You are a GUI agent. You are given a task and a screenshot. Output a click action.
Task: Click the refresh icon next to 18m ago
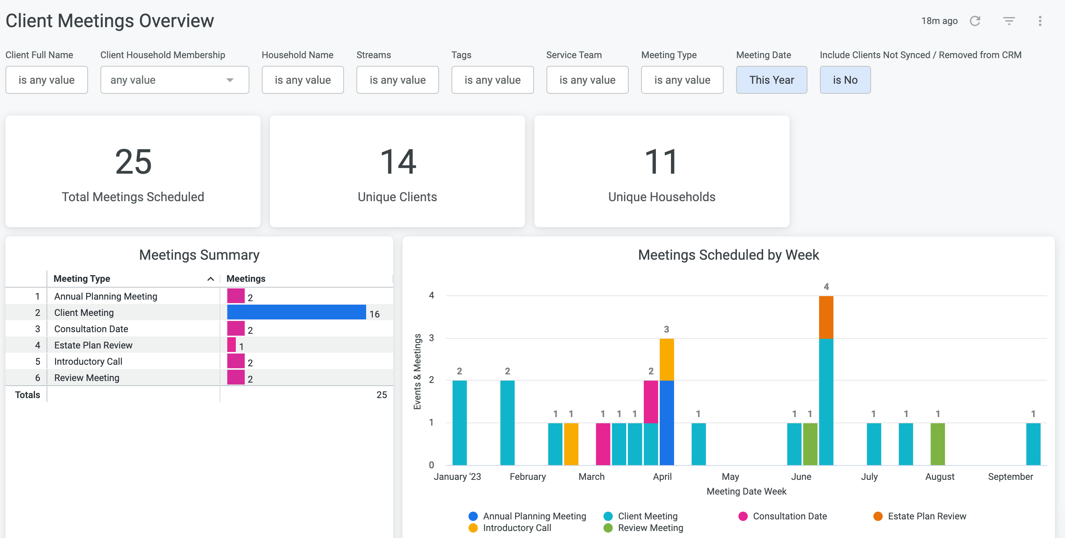click(x=975, y=21)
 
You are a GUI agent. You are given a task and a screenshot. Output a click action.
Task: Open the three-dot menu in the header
click(x=1040, y=21)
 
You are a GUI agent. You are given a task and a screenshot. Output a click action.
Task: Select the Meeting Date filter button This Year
click(x=771, y=80)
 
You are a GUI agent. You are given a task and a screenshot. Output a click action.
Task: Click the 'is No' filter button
click(x=845, y=80)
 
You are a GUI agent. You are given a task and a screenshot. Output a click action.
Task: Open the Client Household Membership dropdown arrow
click(x=230, y=80)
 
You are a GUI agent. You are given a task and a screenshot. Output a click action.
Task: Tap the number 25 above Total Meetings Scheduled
click(x=133, y=162)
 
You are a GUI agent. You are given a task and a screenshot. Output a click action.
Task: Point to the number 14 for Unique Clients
click(x=397, y=162)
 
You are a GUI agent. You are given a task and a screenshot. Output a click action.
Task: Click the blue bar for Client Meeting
click(x=296, y=312)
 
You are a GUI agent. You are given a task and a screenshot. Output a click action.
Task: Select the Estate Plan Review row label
click(x=93, y=345)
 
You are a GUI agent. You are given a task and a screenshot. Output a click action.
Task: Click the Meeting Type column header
click(x=82, y=279)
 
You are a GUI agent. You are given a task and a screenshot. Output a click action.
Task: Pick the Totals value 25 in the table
click(x=382, y=395)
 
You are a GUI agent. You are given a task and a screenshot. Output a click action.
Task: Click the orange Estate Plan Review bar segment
click(x=826, y=317)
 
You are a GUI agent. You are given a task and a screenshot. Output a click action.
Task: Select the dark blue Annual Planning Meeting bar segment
click(x=667, y=423)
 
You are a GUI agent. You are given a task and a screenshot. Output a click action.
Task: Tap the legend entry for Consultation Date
click(x=783, y=516)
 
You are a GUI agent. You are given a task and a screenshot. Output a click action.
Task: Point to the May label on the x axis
click(x=730, y=476)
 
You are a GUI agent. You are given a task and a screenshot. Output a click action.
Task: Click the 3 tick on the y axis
click(x=431, y=338)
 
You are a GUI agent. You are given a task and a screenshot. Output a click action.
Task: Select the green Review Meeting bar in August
click(x=938, y=444)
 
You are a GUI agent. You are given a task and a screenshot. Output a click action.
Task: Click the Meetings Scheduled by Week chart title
click(x=728, y=255)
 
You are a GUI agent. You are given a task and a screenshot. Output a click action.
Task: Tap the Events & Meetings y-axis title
click(x=417, y=371)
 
